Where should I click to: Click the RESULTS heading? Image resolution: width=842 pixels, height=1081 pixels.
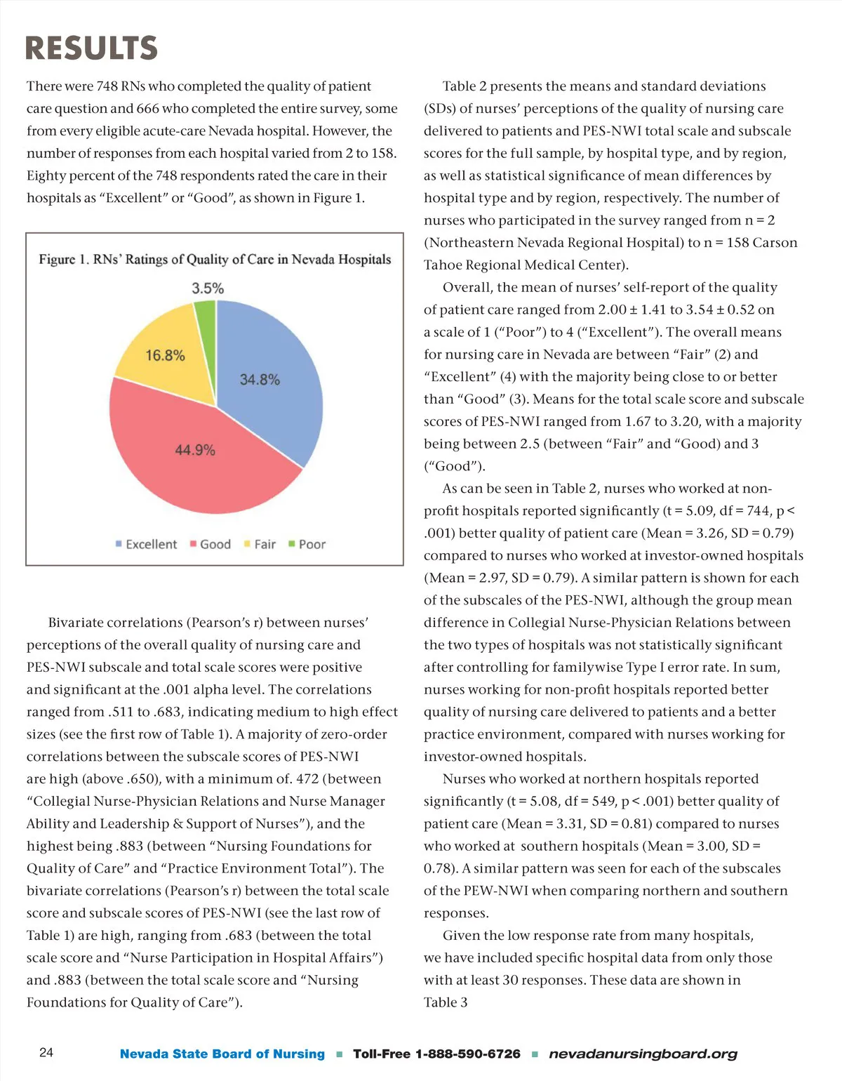[91, 48]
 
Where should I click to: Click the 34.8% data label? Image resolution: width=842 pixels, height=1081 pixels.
[260, 380]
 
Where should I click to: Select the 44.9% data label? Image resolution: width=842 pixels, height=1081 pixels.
[195, 450]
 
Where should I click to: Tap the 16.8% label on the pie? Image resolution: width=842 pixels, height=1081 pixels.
[165, 355]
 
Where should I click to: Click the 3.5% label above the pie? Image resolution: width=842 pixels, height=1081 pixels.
[208, 289]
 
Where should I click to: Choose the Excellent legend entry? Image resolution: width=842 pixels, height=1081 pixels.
[147, 544]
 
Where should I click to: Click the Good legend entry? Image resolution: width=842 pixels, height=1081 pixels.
[210, 544]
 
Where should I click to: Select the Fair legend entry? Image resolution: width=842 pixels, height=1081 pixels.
[260, 544]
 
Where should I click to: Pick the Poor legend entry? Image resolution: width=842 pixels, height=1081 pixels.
[307, 544]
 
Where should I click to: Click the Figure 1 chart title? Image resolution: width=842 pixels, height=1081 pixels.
[215, 260]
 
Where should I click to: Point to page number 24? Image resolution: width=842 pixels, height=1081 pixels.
[46, 1052]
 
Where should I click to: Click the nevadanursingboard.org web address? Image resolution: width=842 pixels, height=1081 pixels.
[643, 1054]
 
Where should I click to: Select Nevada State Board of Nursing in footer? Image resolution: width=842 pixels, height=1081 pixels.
[222, 1054]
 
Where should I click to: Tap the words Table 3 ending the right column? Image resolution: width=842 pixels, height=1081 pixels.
[446, 1002]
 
